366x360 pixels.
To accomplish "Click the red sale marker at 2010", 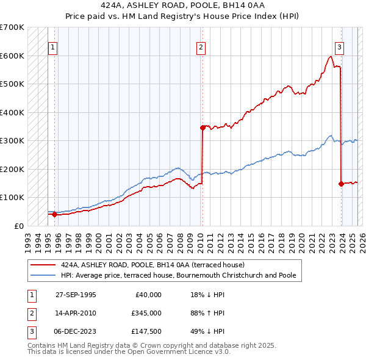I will pos(201,128).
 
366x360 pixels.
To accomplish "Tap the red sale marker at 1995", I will pos(54,214).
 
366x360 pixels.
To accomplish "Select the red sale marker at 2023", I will pos(341,184).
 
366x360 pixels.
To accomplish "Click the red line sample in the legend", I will pos(42,265).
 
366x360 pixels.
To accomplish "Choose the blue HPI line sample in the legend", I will pos(42,275).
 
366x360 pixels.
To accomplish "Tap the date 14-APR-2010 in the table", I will pos(76,313).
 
